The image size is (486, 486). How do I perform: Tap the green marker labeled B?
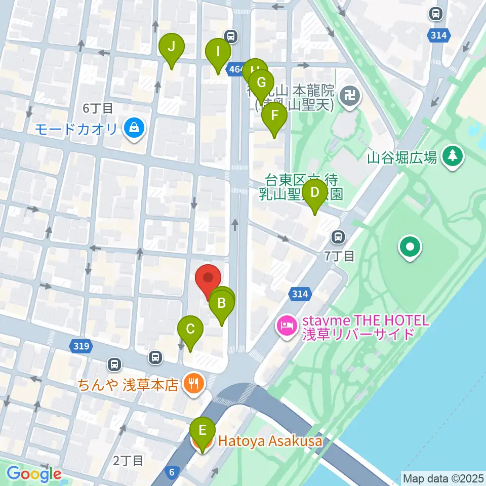coord(222,304)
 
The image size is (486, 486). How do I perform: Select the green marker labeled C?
coord(190,330)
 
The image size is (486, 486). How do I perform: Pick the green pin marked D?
coord(314,194)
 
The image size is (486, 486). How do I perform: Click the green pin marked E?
coord(202,432)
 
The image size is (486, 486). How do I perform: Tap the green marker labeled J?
coord(172,48)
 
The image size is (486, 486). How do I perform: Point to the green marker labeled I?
coord(218,52)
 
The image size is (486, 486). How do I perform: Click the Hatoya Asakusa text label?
coord(270,441)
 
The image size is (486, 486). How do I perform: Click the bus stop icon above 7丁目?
coord(338,236)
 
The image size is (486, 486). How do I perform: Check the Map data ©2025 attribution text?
coord(442,477)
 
